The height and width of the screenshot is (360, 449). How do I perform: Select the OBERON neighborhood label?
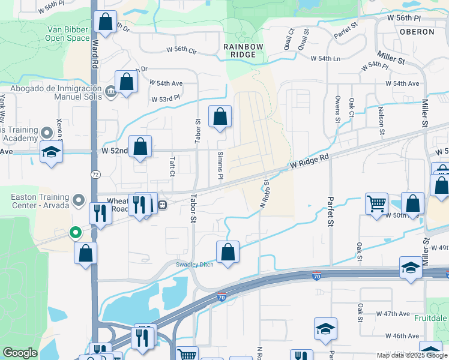click(x=416, y=31)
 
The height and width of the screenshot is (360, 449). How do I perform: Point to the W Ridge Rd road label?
click(x=310, y=161)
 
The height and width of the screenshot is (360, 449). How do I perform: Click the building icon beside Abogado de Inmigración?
click(x=110, y=91)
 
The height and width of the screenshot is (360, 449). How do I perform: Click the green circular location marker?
click(x=75, y=232)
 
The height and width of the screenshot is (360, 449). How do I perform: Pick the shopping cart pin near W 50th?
click(x=376, y=203)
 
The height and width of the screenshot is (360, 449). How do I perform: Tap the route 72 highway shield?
click(x=95, y=174)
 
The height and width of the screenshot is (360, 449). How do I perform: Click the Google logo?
click(x=20, y=353)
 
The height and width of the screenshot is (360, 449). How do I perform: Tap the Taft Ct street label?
click(x=172, y=165)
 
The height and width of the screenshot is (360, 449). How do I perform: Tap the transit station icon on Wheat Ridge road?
click(x=162, y=205)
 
